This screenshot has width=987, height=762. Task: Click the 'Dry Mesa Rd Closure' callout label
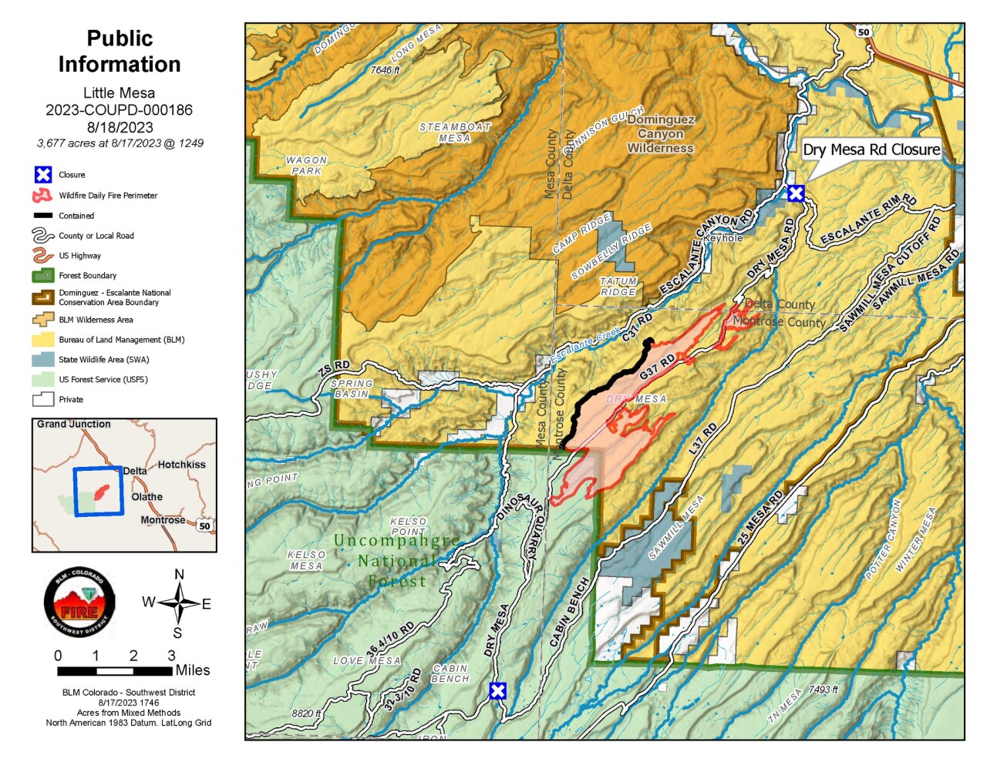click(x=871, y=149)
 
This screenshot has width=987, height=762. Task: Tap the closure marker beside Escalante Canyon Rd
click(x=796, y=193)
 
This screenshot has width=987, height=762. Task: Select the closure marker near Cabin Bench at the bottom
click(x=498, y=690)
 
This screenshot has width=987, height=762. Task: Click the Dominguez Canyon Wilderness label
click(x=661, y=134)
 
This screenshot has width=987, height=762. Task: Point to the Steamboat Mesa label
click(x=455, y=133)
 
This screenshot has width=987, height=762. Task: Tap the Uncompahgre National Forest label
click(x=397, y=560)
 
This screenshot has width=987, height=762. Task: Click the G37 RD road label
click(x=657, y=367)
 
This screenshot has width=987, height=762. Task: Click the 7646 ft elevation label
click(x=385, y=70)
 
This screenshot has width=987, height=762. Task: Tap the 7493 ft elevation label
click(x=823, y=690)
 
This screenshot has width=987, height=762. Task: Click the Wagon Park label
click(x=307, y=166)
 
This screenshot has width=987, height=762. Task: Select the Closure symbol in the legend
click(x=43, y=175)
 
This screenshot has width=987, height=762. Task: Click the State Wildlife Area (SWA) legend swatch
click(x=43, y=360)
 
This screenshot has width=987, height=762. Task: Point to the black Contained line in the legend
click(x=43, y=216)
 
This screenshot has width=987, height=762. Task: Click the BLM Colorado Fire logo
click(x=79, y=602)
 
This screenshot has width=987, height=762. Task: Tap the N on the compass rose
click(x=179, y=575)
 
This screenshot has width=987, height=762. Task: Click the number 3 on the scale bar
click(x=171, y=656)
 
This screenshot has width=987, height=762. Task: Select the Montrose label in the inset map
click(x=163, y=520)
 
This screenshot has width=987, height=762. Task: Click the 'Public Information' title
click(x=120, y=51)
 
